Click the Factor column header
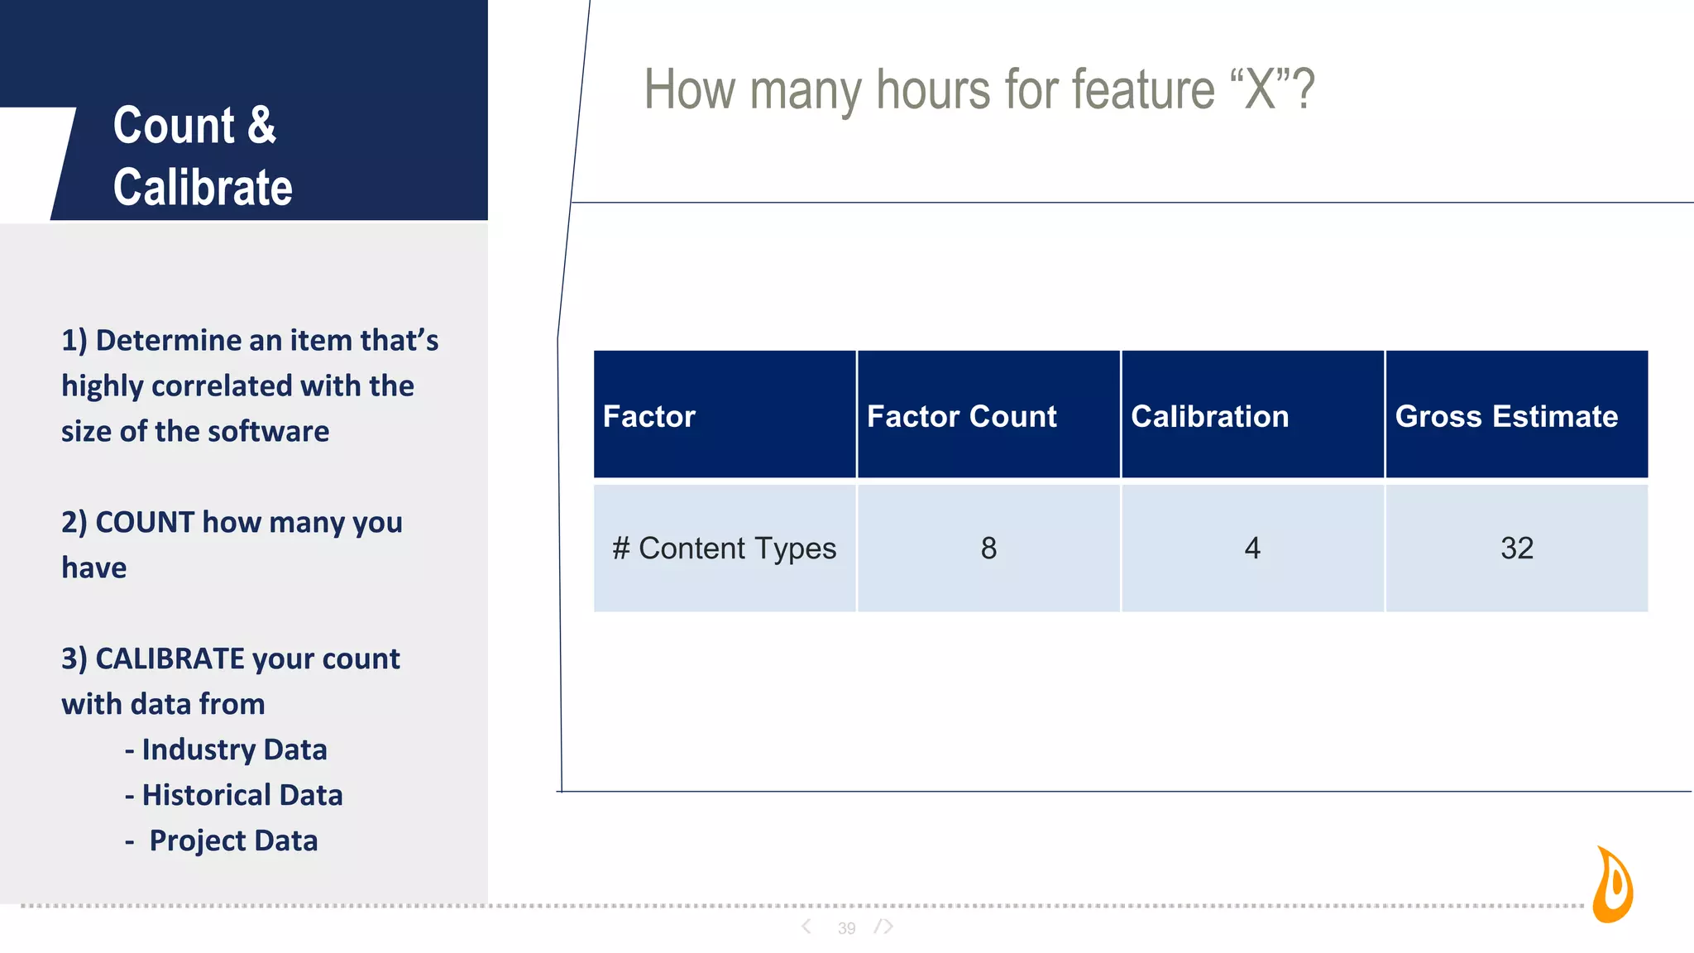click(x=649, y=416)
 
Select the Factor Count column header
click(x=961, y=416)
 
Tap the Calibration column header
click(x=1209, y=416)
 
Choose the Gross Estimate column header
click(x=1506, y=416)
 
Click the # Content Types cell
click(x=724, y=548)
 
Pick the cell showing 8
click(x=988, y=548)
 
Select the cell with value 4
click(x=1252, y=548)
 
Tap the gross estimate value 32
click(x=1516, y=548)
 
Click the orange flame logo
click(x=1613, y=885)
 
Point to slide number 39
click(x=846, y=928)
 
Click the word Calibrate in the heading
click(x=203, y=187)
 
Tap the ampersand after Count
click(x=261, y=126)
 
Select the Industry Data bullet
click(x=233, y=749)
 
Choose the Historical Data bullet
click(x=242, y=795)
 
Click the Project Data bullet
click(x=232, y=840)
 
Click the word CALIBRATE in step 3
click(x=170, y=658)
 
